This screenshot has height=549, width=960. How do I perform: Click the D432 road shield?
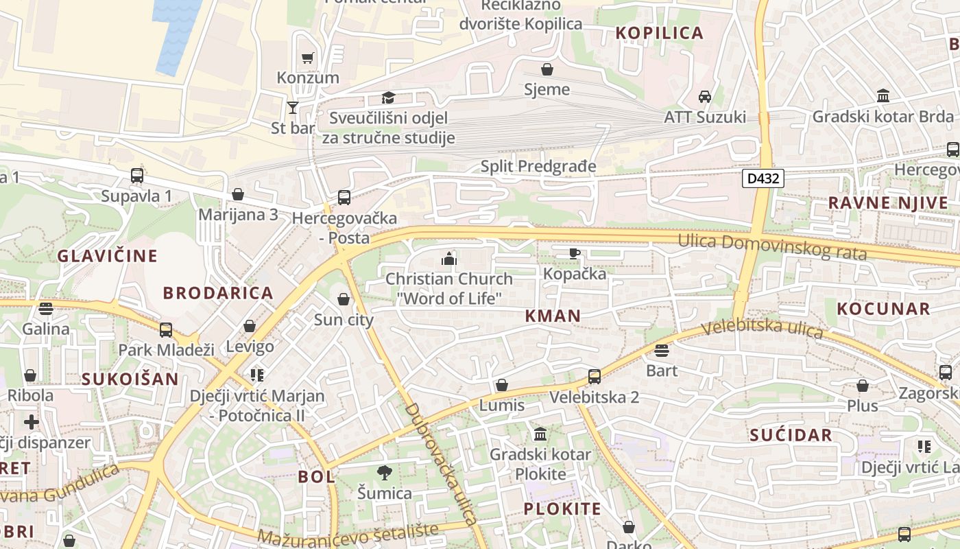click(763, 178)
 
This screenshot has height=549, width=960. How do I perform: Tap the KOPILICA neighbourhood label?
click(660, 33)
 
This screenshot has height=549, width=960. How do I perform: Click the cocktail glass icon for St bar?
click(293, 107)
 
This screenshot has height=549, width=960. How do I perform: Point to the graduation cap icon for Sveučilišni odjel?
click(388, 97)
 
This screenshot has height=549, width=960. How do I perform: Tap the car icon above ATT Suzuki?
click(704, 97)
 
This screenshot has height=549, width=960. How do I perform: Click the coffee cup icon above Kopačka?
click(575, 253)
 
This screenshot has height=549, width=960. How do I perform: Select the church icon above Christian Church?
click(449, 259)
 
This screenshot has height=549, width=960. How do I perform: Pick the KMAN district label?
click(553, 316)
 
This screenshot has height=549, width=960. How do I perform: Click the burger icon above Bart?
click(662, 351)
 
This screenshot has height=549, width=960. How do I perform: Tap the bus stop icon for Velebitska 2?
click(594, 376)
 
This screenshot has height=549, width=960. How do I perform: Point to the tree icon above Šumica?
click(385, 472)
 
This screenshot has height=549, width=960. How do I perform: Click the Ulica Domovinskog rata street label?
click(773, 247)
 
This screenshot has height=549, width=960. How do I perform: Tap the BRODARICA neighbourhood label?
click(218, 293)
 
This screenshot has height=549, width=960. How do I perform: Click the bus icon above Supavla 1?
click(137, 175)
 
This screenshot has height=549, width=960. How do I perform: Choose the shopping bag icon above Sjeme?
click(547, 69)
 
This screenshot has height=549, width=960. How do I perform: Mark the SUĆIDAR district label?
click(791, 435)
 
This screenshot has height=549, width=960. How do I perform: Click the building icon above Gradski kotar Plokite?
click(540, 434)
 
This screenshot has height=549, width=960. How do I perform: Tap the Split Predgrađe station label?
click(538, 166)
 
